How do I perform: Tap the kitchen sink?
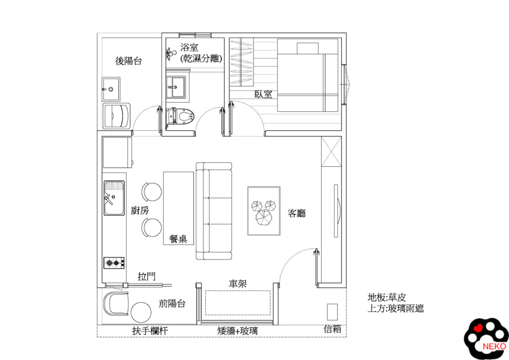click(x=114, y=198)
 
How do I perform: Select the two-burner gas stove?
click(x=114, y=262)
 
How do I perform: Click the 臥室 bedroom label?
click(x=263, y=94)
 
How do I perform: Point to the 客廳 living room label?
click(x=297, y=213)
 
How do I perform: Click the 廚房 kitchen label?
click(x=140, y=210)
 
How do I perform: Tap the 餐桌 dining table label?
click(x=178, y=239)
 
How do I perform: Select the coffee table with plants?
click(x=264, y=211)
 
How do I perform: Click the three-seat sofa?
click(x=214, y=211)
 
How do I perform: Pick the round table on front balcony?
click(x=141, y=312)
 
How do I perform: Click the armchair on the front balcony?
click(x=116, y=303)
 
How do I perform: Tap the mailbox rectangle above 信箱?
click(x=332, y=311)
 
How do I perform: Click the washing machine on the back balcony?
click(x=117, y=116)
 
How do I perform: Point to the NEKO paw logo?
click(x=486, y=339)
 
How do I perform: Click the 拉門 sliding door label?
click(x=147, y=276)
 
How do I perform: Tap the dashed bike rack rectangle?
click(x=238, y=302)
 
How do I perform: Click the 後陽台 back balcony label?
click(x=129, y=61)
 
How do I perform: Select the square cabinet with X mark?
click(x=331, y=152)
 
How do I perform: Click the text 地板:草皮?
click(x=387, y=297)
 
